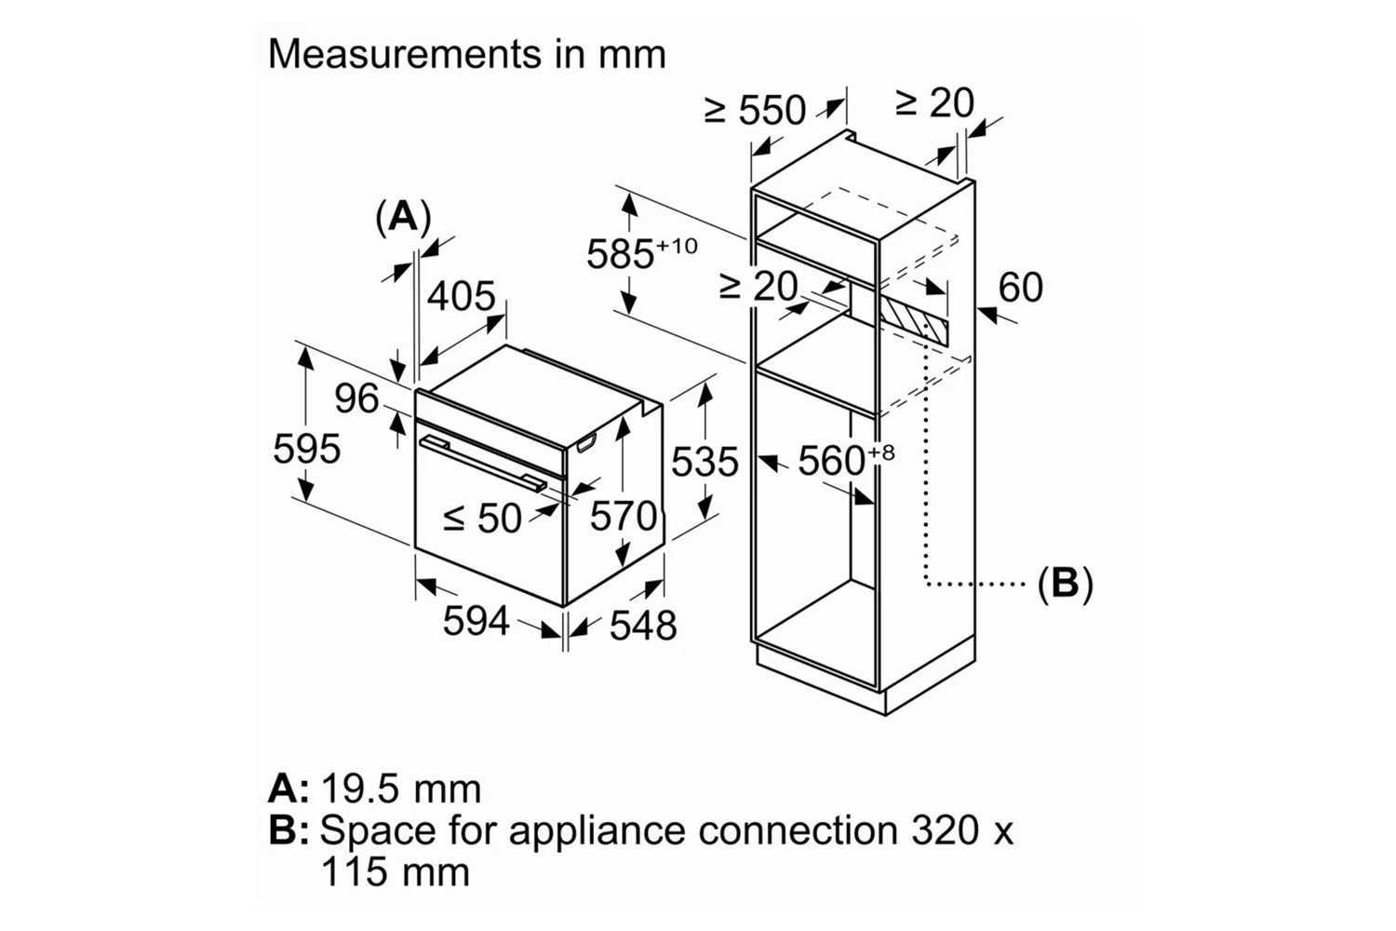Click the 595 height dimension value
tap(306, 450)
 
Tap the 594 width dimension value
tap(476, 620)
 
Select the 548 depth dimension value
tap(642, 626)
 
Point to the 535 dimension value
tap(705, 462)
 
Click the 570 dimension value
tap(623, 515)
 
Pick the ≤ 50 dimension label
tap(482, 519)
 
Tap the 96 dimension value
tap(357, 399)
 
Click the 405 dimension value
tap(461, 296)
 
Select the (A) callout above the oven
tap(403, 217)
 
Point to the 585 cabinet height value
tap(622, 253)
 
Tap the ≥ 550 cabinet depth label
tap(755, 111)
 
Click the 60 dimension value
tap(1020, 288)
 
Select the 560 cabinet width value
tap(831, 461)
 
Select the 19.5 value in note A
tap(361, 789)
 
